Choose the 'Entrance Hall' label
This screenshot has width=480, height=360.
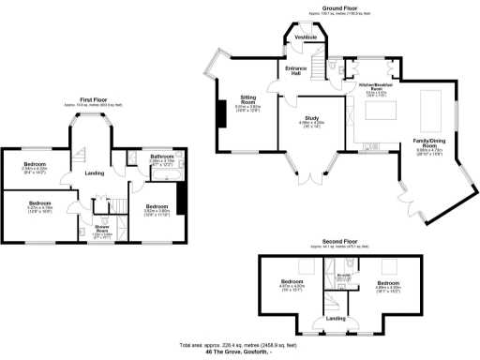(x=298, y=70)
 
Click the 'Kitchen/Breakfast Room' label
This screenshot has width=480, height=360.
(x=375, y=86)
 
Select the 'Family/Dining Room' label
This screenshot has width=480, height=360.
(x=428, y=143)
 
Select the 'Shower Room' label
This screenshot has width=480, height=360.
(x=102, y=230)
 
